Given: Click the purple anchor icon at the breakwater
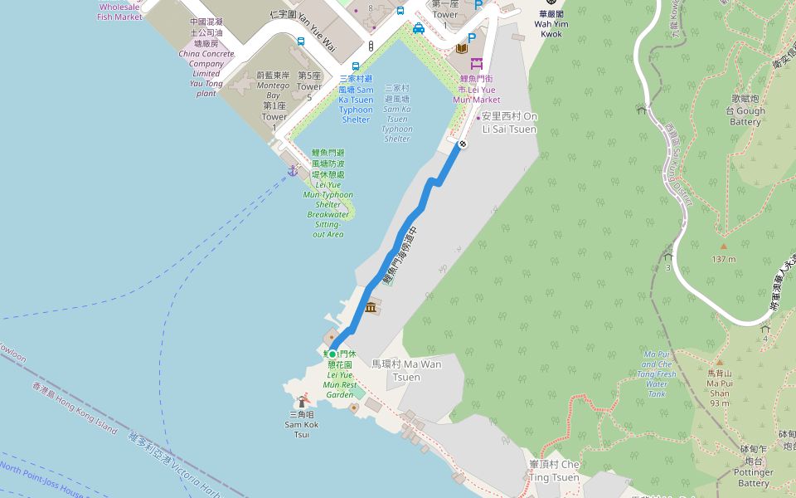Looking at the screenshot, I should click(293, 170).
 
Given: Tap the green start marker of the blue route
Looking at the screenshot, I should click(332, 354).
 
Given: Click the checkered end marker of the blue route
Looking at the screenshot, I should click(462, 144).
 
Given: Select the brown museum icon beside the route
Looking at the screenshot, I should click(370, 309).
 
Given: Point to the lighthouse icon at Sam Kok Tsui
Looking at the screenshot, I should click(302, 403).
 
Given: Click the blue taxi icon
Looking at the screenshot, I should click(419, 29).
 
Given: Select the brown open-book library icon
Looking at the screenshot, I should click(461, 48).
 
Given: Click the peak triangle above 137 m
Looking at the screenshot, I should click(723, 247).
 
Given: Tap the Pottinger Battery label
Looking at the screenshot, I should click(754, 471).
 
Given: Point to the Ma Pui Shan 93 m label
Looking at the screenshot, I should click(719, 388).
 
